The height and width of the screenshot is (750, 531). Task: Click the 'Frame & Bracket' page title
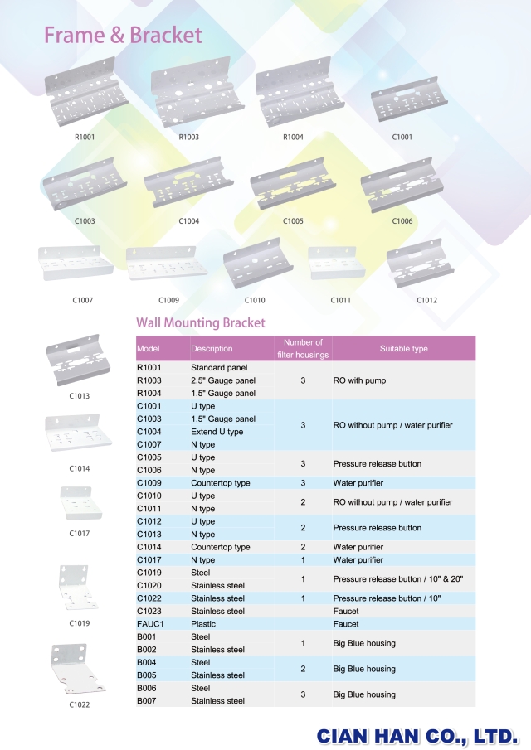coord(123,35)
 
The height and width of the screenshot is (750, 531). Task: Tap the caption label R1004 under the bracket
coord(294,137)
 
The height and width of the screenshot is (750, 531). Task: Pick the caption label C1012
coord(426,300)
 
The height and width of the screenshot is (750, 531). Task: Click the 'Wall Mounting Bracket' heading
coord(201,323)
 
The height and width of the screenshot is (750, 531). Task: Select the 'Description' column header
coord(212,349)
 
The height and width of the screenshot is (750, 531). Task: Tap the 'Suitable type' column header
coord(403,349)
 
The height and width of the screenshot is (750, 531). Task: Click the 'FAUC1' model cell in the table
coord(150,624)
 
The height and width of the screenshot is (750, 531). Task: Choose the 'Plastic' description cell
coord(203,624)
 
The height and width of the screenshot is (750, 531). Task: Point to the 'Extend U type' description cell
coord(217,432)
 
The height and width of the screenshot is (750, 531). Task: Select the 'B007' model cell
coord(147,701)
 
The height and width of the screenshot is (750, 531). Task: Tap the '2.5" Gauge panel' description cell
coord(223,380)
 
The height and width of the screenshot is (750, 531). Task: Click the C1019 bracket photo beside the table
coord(80,587)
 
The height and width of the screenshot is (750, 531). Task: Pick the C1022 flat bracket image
coord(80,670)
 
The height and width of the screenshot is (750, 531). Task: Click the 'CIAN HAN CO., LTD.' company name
coord(417,734)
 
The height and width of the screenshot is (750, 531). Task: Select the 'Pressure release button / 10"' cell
coord(387,598)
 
